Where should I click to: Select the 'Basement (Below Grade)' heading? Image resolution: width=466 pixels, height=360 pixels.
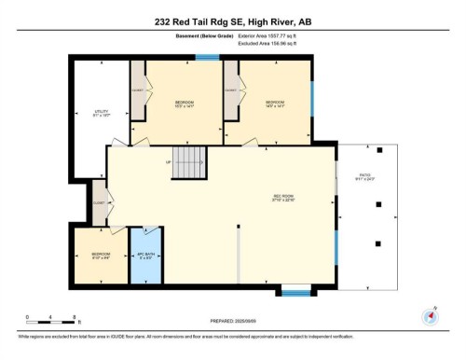pos(199,38)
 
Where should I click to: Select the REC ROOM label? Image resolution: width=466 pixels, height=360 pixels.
pos(283,197)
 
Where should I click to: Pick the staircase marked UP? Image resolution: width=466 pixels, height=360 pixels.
pos(190,158)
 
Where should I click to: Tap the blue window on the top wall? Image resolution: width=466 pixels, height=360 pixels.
pos(207,58)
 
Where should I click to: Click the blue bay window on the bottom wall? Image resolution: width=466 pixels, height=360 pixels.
pos(295,293)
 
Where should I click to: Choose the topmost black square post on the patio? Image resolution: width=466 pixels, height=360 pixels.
pos(380,148)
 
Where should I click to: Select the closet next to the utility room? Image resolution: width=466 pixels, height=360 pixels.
pos(137,91)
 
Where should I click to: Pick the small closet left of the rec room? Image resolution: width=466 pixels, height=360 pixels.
pos(99,200)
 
